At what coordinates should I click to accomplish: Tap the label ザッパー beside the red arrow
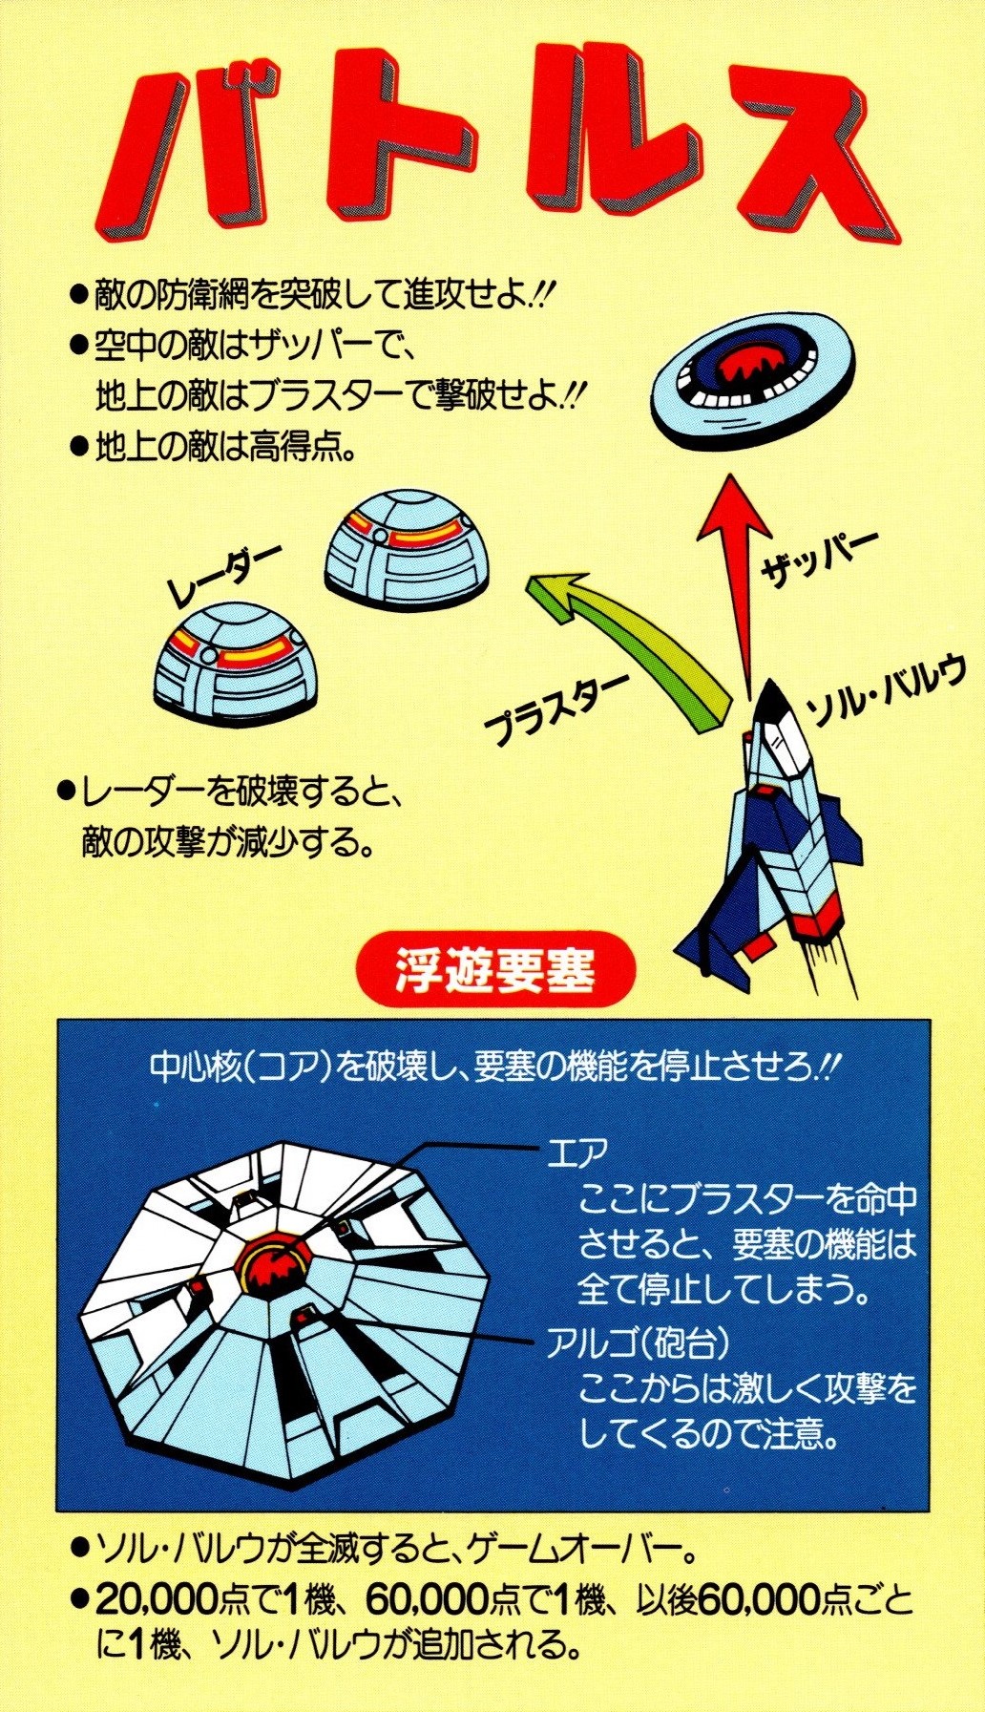point(819,560)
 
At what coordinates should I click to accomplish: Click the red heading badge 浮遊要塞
point(495,975)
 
